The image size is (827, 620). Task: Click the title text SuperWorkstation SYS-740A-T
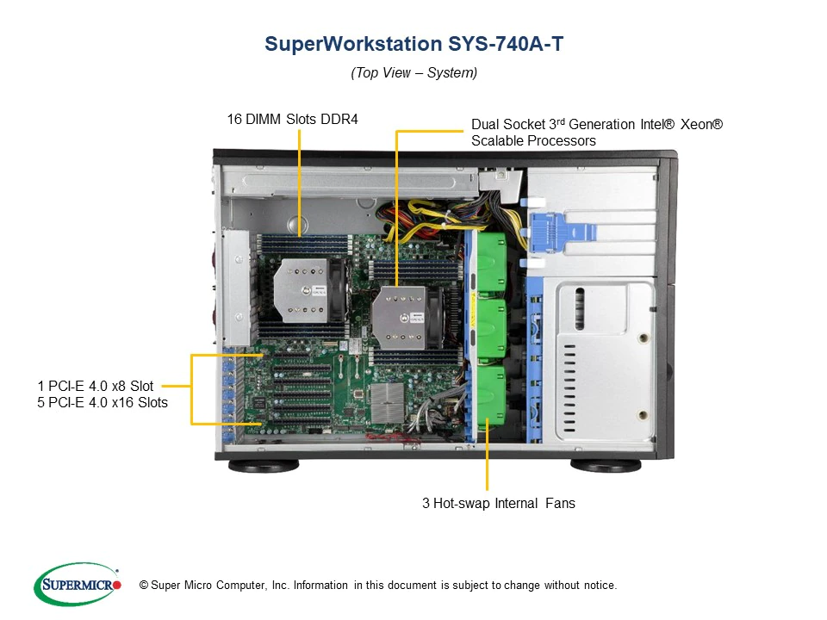click(414, 44)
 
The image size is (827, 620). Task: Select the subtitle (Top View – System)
click(414, 72)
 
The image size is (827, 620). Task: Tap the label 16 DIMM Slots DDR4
click(293, 119)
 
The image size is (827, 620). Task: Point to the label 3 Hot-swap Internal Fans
click(499, 503)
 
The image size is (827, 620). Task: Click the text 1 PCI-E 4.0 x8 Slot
click(96, 386)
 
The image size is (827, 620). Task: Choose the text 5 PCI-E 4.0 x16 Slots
click(103, 402)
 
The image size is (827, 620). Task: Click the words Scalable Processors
click(533, 140)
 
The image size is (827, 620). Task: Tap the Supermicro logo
click(78, 584)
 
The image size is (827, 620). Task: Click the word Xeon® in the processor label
click(701, 124)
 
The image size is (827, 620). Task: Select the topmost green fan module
click(491, 262)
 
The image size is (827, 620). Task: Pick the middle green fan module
click(491, 330)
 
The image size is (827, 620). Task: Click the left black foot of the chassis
click(264, 466)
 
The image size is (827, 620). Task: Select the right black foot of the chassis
click(606, 466)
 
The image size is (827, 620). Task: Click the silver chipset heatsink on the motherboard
click(388, 403)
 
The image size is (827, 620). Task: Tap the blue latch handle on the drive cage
click(562, 232)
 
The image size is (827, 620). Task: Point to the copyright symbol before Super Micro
click(144, 586)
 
